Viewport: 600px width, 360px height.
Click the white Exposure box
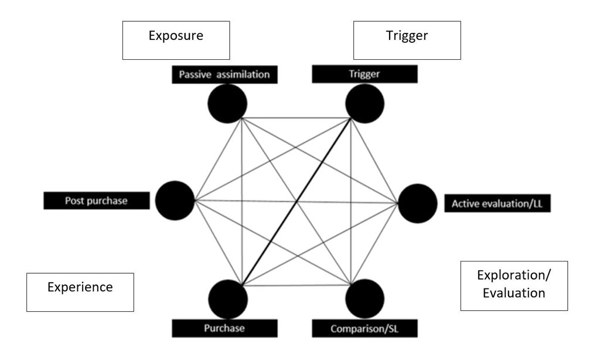point(176,41)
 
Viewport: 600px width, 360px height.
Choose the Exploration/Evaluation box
point(514,286)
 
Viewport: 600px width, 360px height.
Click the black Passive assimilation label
point(225,75)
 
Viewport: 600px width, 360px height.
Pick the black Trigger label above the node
point(364,74)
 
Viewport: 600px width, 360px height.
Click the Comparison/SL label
point(364,328)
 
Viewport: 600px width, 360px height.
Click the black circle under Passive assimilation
point(227,103)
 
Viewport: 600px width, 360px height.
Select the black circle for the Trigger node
point(364,103)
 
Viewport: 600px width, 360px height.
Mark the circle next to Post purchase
point(175,201)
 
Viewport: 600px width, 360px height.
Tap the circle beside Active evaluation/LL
point(417,203)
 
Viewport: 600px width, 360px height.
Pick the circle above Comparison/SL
point(364,298)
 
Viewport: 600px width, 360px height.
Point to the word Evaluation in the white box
point(514,293)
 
